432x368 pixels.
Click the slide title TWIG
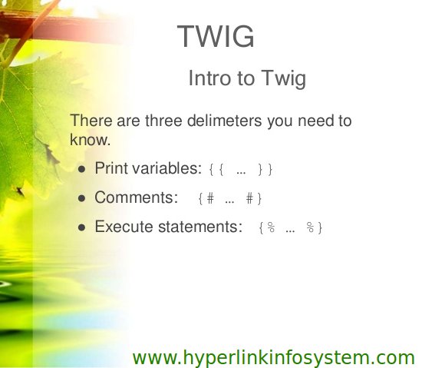point(216,36)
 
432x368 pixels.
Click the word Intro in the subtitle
point(209,78)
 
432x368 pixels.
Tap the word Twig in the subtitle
point(283,79)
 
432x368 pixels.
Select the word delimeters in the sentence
point(225,121)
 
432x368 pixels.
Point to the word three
point(163,121)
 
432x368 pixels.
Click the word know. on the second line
point(91,140)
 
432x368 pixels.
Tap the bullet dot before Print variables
point(82,169)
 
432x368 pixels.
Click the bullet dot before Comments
point(82,198)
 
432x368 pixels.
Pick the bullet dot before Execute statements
point(82,227)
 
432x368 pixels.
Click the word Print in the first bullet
point(111,168)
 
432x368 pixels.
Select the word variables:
point(167,168)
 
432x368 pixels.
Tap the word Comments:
point(137,197)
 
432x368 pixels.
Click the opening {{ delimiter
point(216,169)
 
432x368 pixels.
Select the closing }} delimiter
point(265,169)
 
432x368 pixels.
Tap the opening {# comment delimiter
point(206,199)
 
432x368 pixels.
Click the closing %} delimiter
point(315,228)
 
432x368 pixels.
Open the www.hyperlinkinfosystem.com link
point(274,358)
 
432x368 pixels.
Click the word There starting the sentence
point(91,121)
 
